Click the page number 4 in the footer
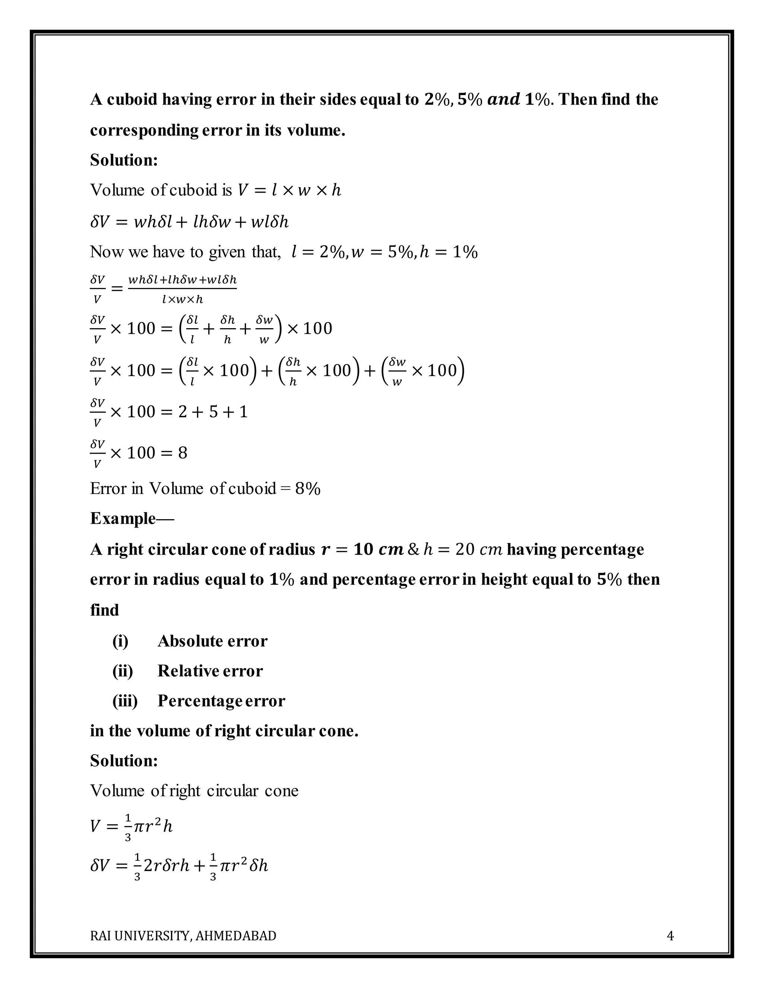pyautogui.click(x=670, y=936)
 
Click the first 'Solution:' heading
pyautogui.click(x=124, y=160)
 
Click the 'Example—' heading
pyautogui.click(x=132, y=518)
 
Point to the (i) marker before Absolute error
pyautogui.click(x=120, y=641)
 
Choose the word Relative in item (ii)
pyautogui.click(x=185, y=671)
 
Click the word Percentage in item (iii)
pyautogui.click(x=199, y=701)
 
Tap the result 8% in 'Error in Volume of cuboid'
pyautogui.click(x=308, y=489)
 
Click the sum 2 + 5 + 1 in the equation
pyautogui.click(x=213, y=412)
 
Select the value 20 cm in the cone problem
pyautogui.click(x=479, y=549)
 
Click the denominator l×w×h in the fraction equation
pyautogui.click(x=183, y=299)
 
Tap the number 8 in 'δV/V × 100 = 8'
pyautogui.click(x=183, y=453)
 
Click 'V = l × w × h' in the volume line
pyautogui.click(x=289, y=190)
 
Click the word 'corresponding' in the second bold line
pyautogui.click(x=143, y=130)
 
